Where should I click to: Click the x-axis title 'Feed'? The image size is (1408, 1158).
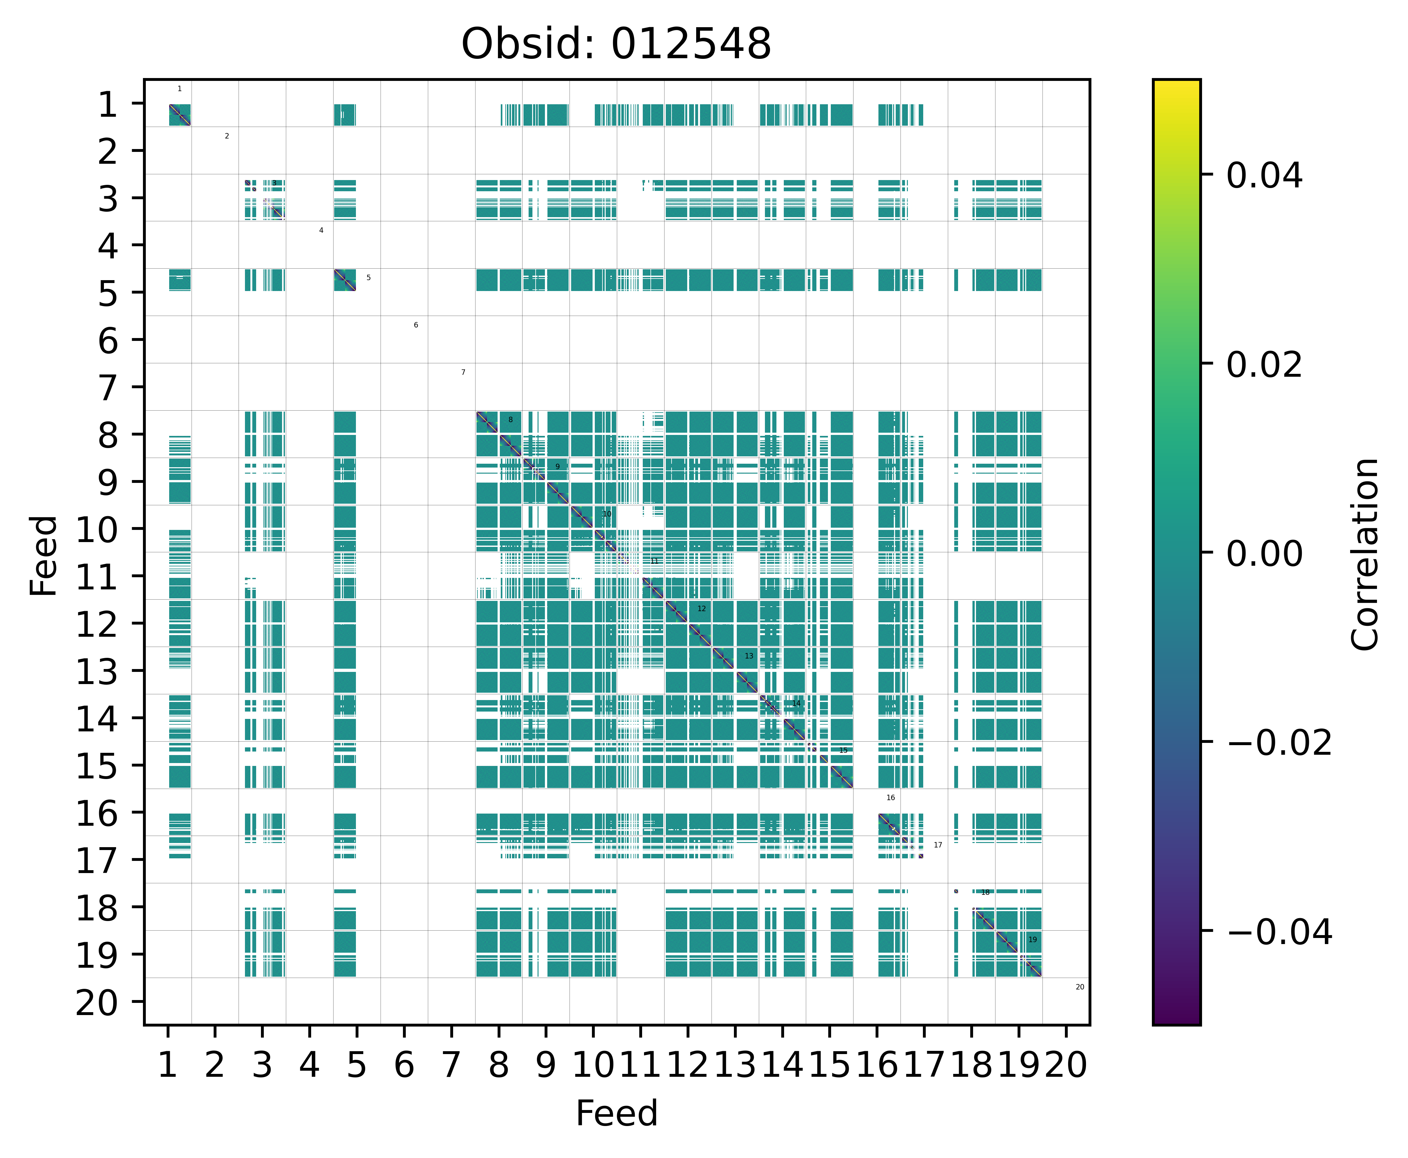coord(616,1113)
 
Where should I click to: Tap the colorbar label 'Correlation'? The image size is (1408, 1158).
coord(1365,554)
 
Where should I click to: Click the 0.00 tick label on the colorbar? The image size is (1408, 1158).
coord(1264,554)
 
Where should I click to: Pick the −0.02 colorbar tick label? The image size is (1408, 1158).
coord(1278,743)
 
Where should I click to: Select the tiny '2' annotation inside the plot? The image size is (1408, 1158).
coord(227,136)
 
